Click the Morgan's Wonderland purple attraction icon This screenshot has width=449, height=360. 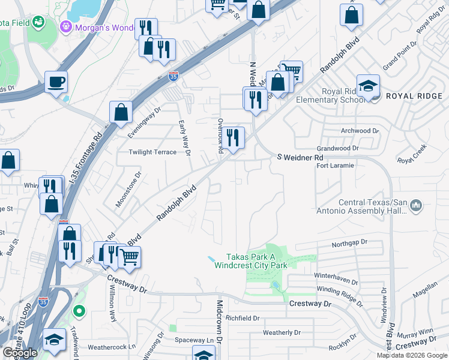(x=65, y=26)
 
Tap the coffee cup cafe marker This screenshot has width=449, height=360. (x=56, y=82)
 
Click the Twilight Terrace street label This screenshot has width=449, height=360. (x=152, y=152)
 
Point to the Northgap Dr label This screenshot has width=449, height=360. (x=348, y=245)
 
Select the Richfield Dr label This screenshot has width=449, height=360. (x=243, y=319)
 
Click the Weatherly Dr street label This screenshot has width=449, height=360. (x=282, y=332)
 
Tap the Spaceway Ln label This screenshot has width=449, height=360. (x=194, y=340)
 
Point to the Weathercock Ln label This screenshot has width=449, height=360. (x=112, y=347)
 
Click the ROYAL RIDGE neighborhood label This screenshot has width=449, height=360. (x=414, y=96)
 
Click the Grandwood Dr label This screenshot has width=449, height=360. (x=337, y=148)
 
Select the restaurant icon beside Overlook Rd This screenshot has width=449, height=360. (x=234, y=137)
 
